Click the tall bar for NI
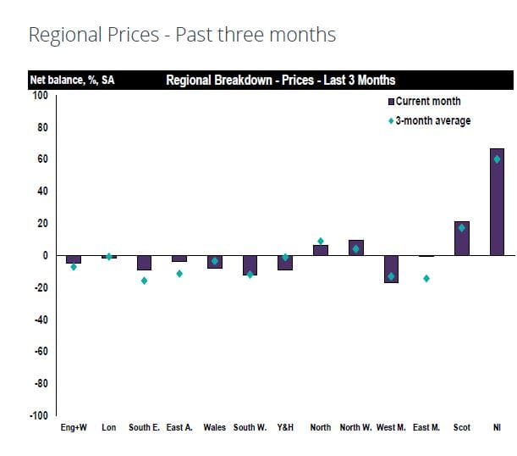[x=497, y=202]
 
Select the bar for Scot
[x=461, y=238]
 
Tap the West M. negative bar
[x=391, y=269]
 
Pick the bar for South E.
[x=144, y=263]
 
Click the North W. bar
[x=355, y=247]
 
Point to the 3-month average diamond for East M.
[x=426, y=278]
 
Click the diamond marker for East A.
[x=179, y=274]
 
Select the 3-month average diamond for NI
[x=497, y=158]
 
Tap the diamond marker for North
[x=321, y=242]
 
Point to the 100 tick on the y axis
[x=40, y=95]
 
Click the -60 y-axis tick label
[x=38, y=352]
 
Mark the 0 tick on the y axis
[x=44, y=255]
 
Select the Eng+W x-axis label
[x=74, y=428]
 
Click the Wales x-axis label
[x=215, y=428]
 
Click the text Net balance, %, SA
[x=73, y=81]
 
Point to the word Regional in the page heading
[x=62, y=35]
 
